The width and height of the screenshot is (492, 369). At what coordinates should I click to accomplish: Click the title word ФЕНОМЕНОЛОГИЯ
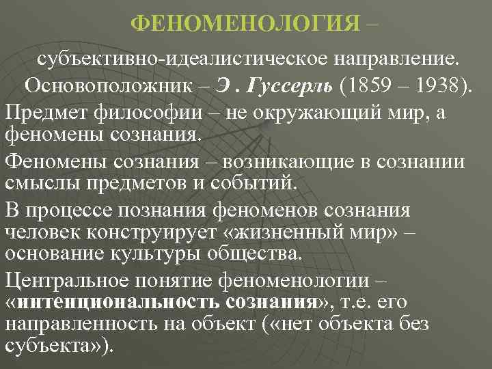(245, 23)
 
